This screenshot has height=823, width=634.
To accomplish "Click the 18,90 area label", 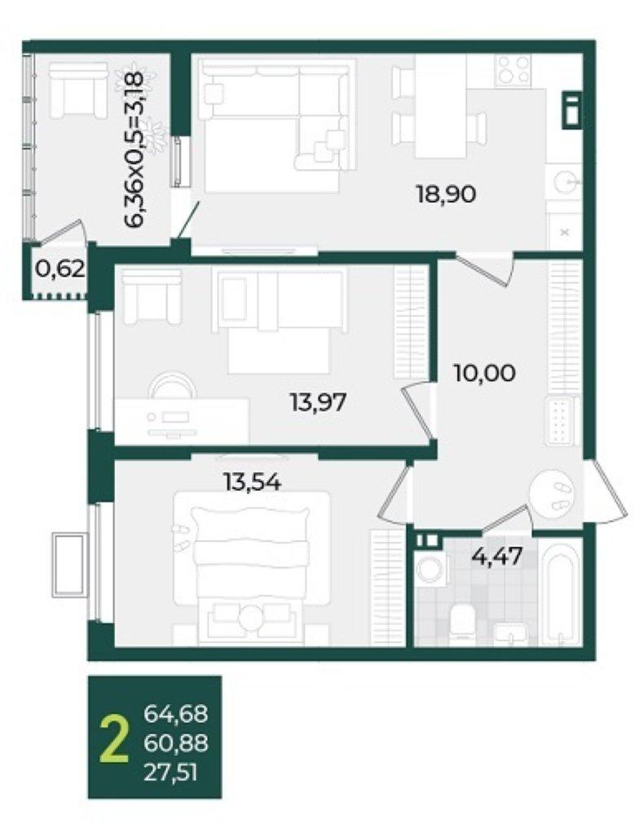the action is click(446, 195).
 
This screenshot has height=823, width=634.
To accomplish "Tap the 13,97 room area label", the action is click(319, 403).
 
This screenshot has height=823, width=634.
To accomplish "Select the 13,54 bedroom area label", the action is click(253, 481).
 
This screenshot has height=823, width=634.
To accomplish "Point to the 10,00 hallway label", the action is click(485, 374).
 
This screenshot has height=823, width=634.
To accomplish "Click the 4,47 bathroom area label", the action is click(497, 556).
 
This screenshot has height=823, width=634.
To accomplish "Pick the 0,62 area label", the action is click(59, 270).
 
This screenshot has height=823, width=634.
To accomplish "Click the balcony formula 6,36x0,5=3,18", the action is click(134, 149).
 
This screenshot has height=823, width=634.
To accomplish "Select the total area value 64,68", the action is click(176, 714).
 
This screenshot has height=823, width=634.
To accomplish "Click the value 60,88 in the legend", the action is click(176, 743).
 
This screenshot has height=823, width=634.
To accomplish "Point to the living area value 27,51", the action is click(170, 772).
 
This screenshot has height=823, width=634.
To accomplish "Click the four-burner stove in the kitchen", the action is click(513, 70).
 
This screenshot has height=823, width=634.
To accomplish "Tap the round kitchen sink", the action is click(567, 181).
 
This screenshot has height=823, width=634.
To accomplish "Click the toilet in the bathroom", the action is click(462, 622).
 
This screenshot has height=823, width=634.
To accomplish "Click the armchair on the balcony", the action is click(79, 90).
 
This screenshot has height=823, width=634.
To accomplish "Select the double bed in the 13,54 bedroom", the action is click(250, 568).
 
